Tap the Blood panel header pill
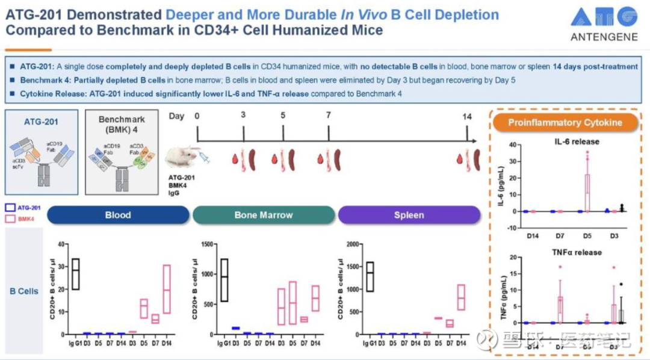[118, 215]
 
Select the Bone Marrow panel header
[263, 215]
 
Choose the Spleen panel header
[409, 215]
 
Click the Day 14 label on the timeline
[467, 116]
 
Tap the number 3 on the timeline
[243, 116]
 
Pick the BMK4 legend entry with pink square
[22, 220]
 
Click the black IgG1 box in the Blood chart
[75, 274]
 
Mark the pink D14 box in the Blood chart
[167, 289]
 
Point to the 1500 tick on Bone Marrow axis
[207, 244]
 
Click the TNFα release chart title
[576, 252]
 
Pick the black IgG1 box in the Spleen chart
[370, 276]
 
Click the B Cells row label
[24, 291]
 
